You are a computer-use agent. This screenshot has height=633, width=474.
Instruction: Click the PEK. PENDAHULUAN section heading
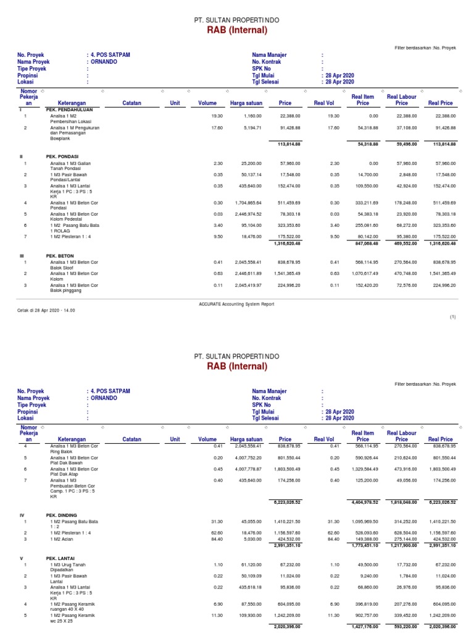point(69,109)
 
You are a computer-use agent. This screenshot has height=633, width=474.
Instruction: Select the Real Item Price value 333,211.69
point(363,203)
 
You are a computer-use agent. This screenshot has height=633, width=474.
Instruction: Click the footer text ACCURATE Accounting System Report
point(236,304)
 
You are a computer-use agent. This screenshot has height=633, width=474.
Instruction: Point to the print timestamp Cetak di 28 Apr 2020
point(46,310)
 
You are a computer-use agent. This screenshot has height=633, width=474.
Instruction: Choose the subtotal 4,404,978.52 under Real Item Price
point(363,503)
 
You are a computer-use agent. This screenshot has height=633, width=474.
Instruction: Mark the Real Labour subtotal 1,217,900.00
point(401,545)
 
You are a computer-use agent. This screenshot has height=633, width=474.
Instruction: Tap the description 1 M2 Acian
point(63,538)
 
